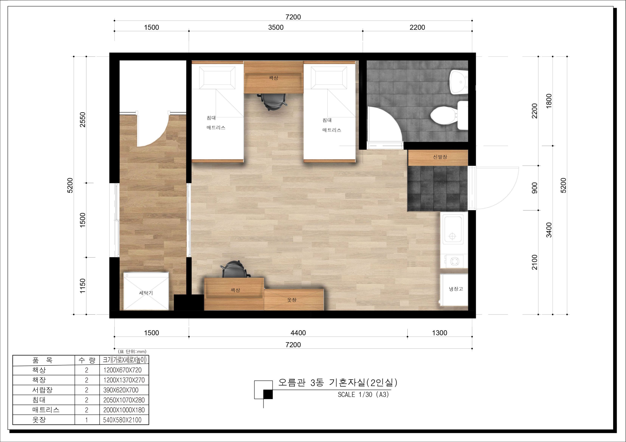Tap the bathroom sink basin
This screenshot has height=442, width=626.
click(x=459, y=82)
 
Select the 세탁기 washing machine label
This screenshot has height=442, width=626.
click(x=146, y=293)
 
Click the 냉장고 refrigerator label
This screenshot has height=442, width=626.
click(x=456, y=289)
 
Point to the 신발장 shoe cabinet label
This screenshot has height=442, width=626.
click(x=440, y=157)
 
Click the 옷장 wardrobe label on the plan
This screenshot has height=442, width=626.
click(x=292, y=300)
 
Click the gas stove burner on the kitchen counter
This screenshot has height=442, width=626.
click(x=455, y=262)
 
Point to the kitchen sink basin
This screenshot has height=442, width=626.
click(x=453, y=229)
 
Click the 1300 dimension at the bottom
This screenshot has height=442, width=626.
click(x=440, y=333)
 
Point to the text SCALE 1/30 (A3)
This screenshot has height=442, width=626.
click(x=363, y=395)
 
